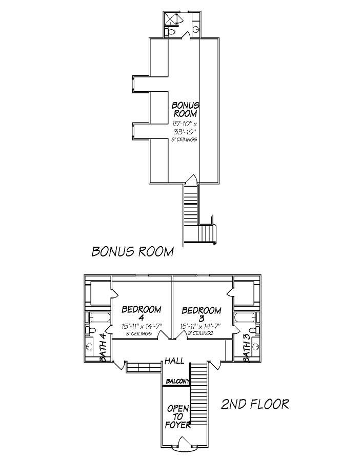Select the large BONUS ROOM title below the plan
click(x=133, y=251)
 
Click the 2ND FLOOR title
click(x=254, y=404)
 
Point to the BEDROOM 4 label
click(x=142, y=313)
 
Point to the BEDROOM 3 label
click(x=202, y=314)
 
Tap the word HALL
click(x=174, y=362)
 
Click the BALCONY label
click(x=177, y=381)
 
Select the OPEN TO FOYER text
click(x=178, y=416)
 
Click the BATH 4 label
click(x=103, y=348)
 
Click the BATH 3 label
click(x=247, y=348)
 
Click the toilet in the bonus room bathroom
click(x=171, y=32)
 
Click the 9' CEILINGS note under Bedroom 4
click(x=139, y=333)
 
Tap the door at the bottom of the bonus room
click(x=190, y=179)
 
